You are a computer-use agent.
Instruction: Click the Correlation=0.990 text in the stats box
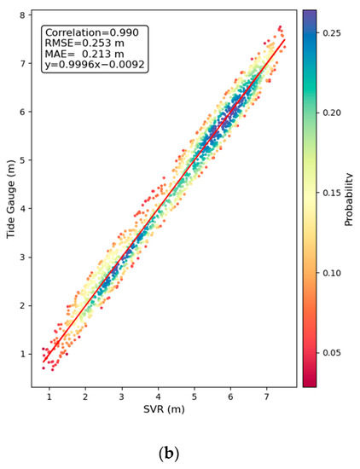click(95, 32)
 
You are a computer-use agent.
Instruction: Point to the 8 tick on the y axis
click(25, 14)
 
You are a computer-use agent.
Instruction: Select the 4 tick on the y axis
click(25, 208)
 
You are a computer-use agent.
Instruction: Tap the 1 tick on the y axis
click(25, 353)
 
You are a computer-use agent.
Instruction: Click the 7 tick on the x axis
click(267, 397)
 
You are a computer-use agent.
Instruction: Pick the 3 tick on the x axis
click(122, 397)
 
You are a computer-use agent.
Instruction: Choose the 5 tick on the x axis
click(195, 397)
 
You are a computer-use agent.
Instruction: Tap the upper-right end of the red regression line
click(285, 38)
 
